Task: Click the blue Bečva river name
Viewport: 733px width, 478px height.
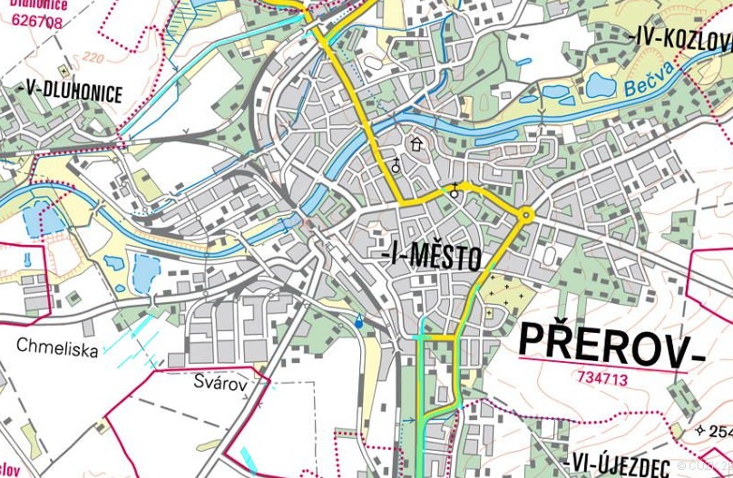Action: tap(649, 79)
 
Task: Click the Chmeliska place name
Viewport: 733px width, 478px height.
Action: tap(56, 348)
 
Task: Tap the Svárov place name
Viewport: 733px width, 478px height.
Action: tap(220, 383)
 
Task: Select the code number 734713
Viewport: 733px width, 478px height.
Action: tap(601, 379)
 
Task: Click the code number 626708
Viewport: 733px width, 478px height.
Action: tap(37, 21)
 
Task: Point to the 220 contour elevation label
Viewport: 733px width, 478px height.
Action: tap(92, 56)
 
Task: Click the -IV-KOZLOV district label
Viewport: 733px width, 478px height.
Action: tap(679, 39)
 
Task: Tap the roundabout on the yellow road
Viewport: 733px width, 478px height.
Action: tap(525, 214)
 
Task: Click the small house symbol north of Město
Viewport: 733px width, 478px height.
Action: tap(416, 143)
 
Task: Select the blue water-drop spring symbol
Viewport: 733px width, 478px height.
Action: tap(358, 321)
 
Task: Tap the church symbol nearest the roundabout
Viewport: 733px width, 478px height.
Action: tap(454, 190)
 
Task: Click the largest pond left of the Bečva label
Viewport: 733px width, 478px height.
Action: tap(601, 85)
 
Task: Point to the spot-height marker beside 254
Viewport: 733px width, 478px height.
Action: tap(699, 430)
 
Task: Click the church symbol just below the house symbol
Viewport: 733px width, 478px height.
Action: tap(396, 165)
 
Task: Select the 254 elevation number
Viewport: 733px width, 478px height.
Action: tap(722, 431)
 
